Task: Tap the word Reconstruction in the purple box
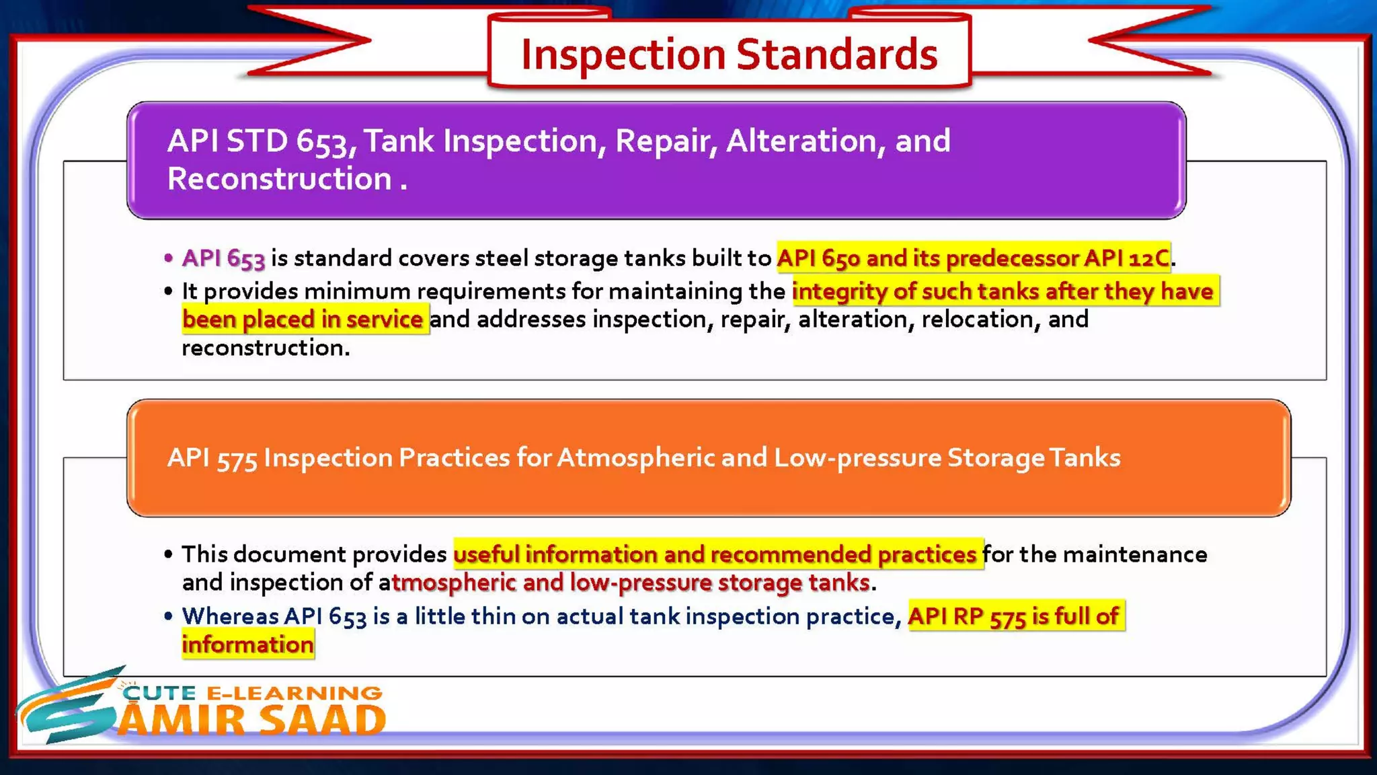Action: (x=279, y=179)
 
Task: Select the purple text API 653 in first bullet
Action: (x=223, y=258)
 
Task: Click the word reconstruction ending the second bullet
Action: (x=264, y=348)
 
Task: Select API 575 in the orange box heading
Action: (x=212, y=458)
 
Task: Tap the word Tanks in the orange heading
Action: (x=1085, y=458)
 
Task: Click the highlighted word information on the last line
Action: (x=248, y=644)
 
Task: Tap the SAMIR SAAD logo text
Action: (x=252, y=721)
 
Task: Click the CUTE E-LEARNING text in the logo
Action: (x=252, y=693)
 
